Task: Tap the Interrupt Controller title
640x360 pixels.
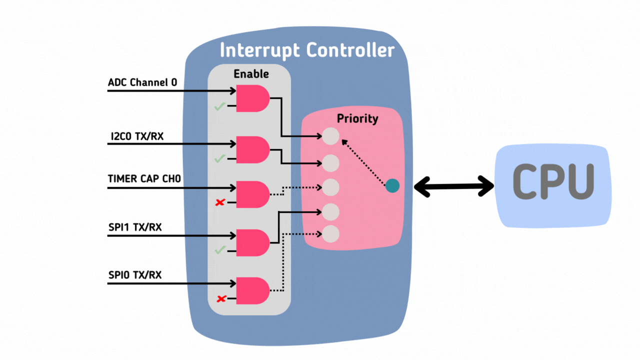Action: point(307,50)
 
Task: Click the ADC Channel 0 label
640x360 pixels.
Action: point(142,82)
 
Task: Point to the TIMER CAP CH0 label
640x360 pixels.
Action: point(144,178)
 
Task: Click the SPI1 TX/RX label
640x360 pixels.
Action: point(135,227)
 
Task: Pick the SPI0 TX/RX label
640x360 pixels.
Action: point(135,275)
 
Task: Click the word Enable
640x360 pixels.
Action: point(251,74)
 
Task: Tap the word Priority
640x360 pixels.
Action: point(357,119)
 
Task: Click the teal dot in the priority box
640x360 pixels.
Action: point(392,186)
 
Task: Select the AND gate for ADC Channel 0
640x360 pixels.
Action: point(252,98)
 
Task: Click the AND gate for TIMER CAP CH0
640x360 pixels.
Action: point(252,194)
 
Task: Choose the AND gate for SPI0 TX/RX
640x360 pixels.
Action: point(252,290)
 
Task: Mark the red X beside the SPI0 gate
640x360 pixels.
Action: point(220,299)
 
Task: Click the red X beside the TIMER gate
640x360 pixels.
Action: point(219,202)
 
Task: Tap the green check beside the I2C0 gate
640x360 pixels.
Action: point(219,158)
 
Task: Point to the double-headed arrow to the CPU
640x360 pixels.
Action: point(454,186)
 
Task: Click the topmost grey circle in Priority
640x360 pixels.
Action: point(330,136)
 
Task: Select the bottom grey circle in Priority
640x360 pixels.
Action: point(330,233)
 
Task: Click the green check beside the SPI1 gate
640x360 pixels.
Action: point(219,250)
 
